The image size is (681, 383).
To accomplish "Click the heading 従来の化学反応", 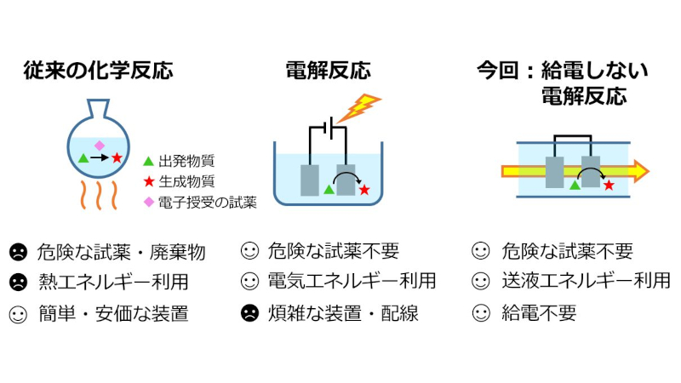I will coord(98,70).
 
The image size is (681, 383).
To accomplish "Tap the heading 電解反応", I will coord(328,70).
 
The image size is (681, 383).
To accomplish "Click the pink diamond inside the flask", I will coord(99,145).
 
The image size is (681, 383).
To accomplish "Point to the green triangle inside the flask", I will coord(83,158).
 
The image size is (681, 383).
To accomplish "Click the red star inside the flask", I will coord(117,158).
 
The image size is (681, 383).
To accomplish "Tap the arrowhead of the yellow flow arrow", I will coord(640,171).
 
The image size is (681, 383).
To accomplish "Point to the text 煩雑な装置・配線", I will coord(342,312).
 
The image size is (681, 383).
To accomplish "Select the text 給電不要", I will coord(539,312).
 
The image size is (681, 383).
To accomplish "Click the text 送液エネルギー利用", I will coord(586,281).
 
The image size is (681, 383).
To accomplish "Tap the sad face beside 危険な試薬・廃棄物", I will coord(17,252).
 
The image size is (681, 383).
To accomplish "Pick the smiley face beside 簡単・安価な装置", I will coord(17,313).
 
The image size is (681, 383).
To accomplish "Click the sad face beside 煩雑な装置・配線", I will coord(249,312).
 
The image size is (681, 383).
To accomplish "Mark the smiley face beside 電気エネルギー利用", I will coord(249,281).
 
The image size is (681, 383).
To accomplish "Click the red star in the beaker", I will coord(364,190).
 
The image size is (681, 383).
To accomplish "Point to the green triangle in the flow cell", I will coord(575,185).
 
